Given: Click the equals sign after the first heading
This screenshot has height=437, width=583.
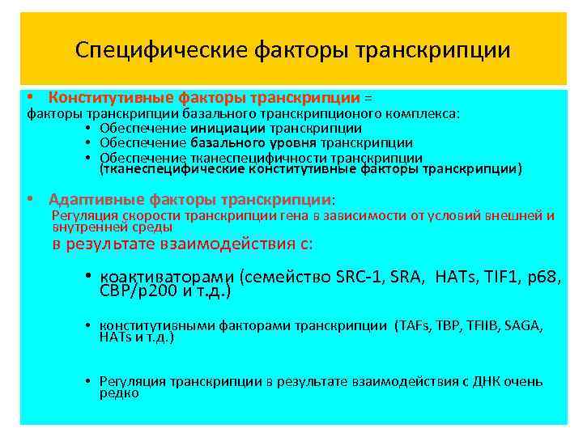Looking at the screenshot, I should coord(370,99).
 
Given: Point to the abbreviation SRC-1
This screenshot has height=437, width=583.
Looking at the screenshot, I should coord(355,277).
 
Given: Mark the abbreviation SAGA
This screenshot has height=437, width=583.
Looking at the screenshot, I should coord(522,325).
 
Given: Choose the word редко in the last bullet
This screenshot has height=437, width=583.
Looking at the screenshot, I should coord(119,393).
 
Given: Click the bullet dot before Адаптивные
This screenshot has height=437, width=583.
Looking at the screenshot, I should coord(30,199).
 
